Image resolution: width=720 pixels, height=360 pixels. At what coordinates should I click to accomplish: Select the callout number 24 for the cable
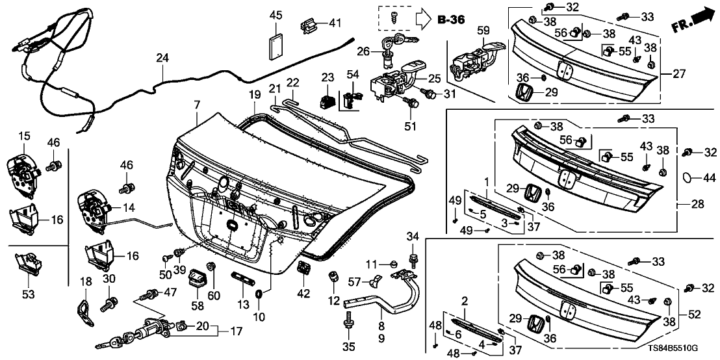pyautogui.click(x=162, y=58)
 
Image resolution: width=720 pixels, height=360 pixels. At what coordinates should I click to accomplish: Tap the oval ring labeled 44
pyautogui.click(x=689, y=176)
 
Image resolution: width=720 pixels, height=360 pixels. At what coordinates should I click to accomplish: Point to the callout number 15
pyautogui.click(x=24, y=136)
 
